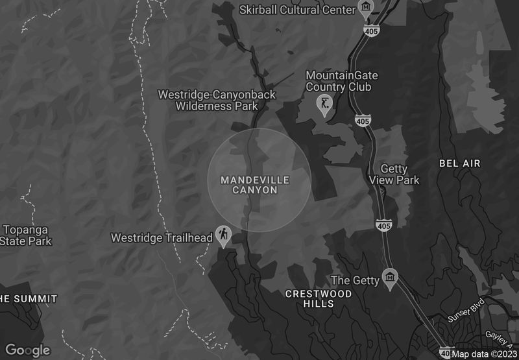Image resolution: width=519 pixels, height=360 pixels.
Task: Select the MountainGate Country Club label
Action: point(341,81)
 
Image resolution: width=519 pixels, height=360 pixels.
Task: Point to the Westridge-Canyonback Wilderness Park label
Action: point(217,100)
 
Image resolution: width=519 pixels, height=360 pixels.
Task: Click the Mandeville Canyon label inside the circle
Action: point(255,185)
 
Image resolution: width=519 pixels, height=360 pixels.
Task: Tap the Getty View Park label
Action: point(394,174)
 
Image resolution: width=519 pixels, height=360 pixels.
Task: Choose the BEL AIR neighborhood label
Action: point(460,163)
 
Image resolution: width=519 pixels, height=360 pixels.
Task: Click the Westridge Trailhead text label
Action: point(162,238)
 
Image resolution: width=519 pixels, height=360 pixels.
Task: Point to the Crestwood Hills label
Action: point(319,298)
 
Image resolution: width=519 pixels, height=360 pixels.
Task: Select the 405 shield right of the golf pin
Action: point(363,121)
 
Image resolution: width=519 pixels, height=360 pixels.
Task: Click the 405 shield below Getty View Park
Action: point(383,224)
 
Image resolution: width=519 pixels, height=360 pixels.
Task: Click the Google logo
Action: point(27,350)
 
